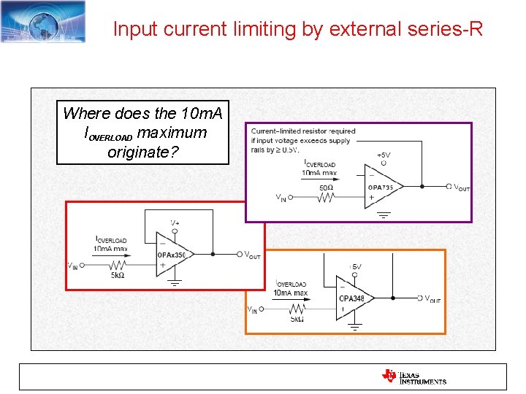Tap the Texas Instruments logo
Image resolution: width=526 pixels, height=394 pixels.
(413, 376)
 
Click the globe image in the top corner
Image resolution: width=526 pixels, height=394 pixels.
(42, 21)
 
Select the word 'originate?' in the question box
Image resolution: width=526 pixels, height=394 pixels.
(142, 152)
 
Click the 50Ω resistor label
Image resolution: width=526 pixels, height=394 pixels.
(327, 188)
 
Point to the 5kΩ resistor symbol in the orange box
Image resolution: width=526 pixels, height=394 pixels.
(295, 309)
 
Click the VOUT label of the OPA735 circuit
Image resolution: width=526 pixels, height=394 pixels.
(462, 188)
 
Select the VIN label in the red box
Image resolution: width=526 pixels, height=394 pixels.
(72, 266)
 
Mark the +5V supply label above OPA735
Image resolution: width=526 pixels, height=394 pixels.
(384, 155)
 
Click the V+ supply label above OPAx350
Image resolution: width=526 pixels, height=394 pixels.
(175, 222)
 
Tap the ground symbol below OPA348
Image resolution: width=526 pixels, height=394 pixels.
(355, 328)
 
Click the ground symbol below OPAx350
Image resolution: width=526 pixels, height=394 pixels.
(175, 283)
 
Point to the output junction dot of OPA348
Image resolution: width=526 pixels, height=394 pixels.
(393, 298)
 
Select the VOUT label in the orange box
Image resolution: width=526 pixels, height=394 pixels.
(432, 299)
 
